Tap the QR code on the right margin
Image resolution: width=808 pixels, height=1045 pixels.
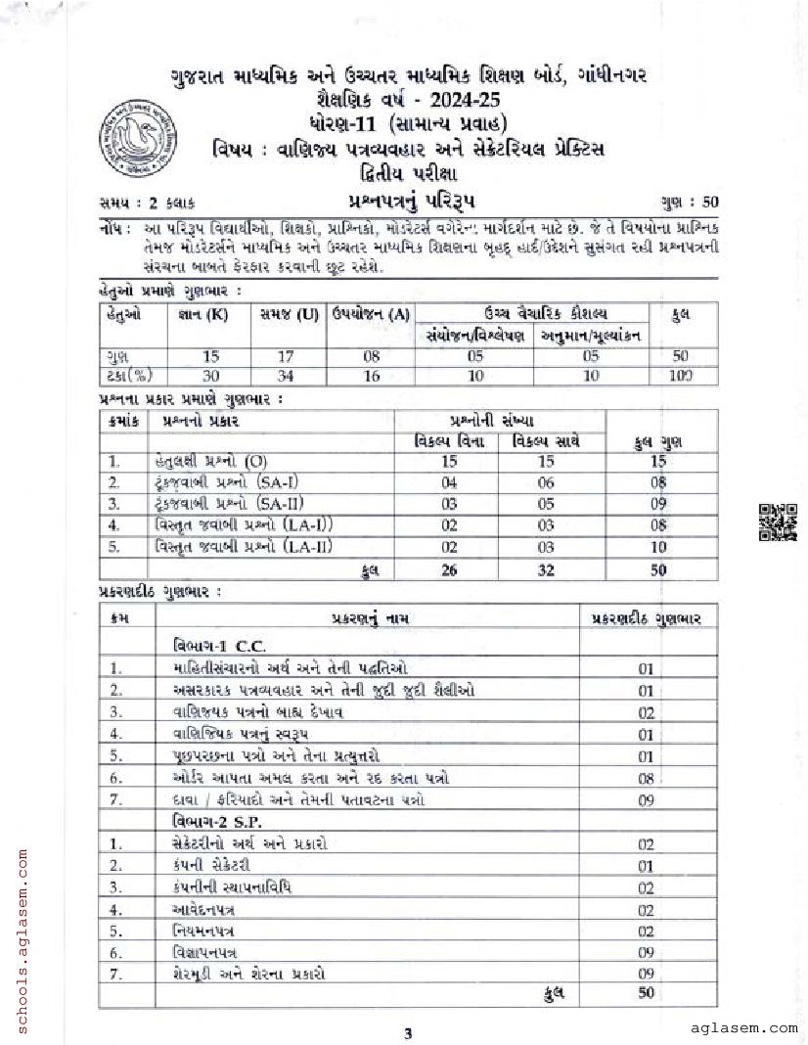(x=779, y=522)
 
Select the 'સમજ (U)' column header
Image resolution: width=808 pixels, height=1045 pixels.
(x=289, y=313)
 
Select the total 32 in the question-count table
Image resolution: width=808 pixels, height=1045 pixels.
(x=546, y=569)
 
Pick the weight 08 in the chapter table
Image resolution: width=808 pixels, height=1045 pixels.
(x=646, y=778)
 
